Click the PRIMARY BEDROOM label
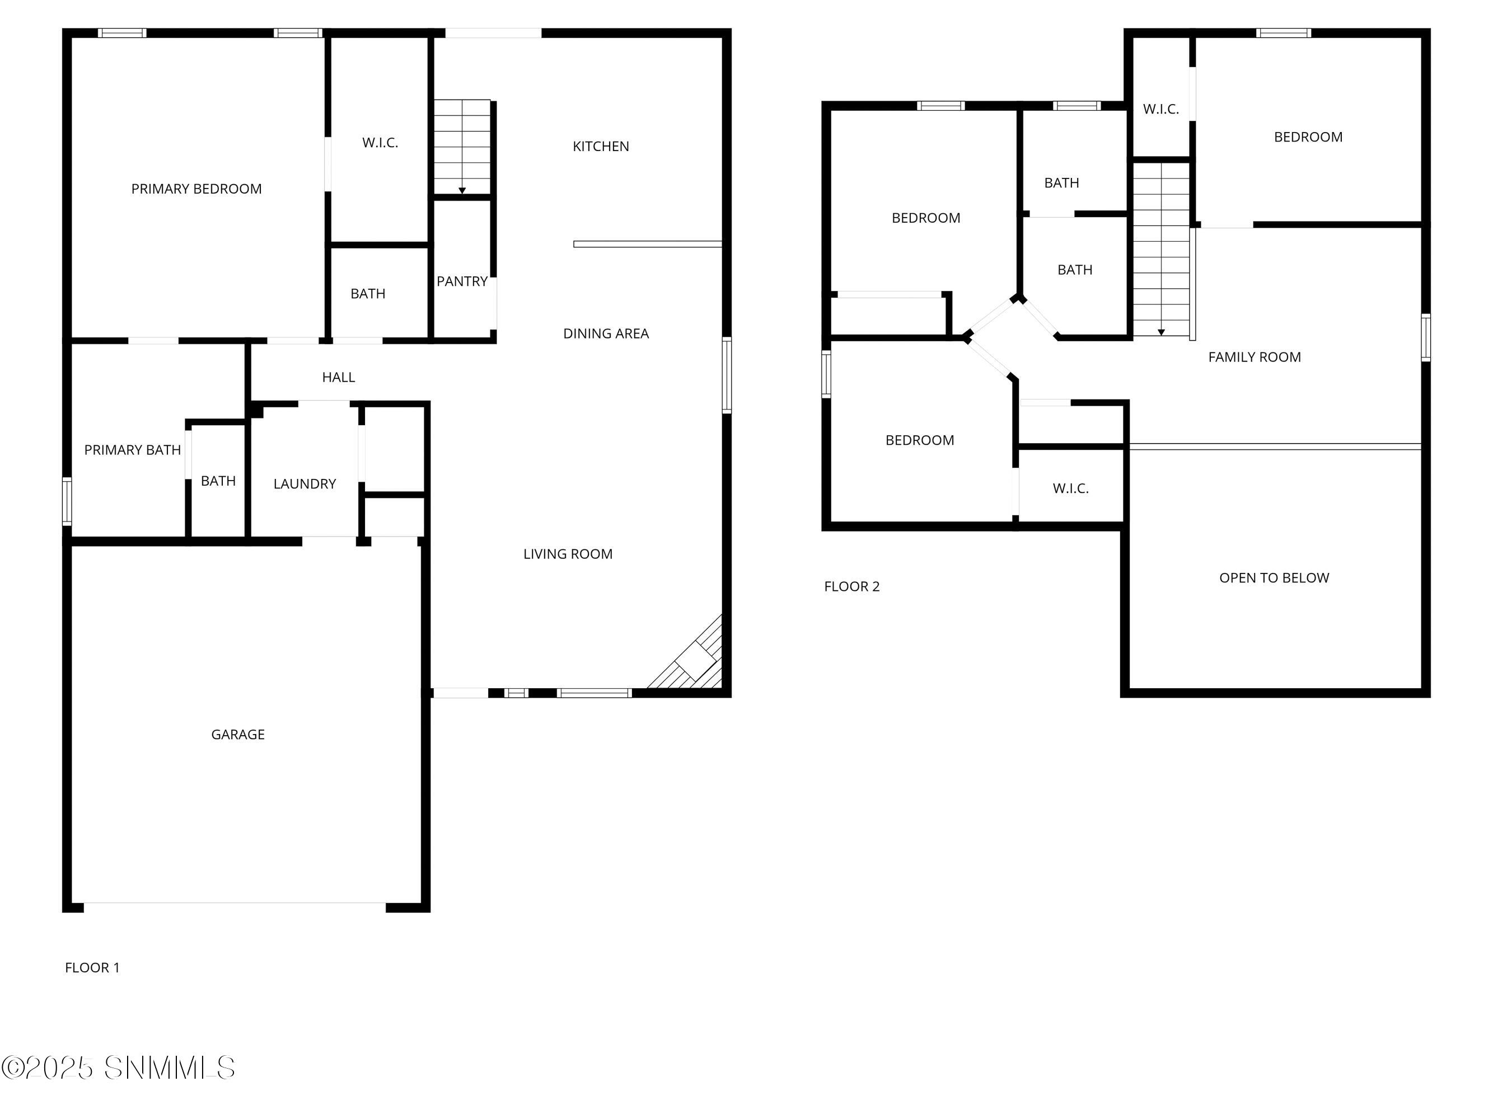pos(196,189)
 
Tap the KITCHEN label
pos(601,147)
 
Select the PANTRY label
pos(462,281)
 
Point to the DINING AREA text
pos(606,333)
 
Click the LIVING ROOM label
pos(568,554)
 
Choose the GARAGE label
pos(237,734)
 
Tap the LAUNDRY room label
pos(305,483)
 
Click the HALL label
pos(338,377)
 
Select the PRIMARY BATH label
pos(132,450)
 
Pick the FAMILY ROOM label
pos(1254,357)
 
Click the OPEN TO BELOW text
pos(1274,577)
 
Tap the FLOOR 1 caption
pos(92,967)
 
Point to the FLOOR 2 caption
pos(852,586)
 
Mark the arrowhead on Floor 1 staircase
pos(462,191)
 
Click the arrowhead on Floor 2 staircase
pos(1161,332)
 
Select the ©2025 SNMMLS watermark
pos(119,1068)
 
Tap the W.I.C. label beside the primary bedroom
pos(380,142)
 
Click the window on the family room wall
pos(1425,337)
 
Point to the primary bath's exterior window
pos(67,501)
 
